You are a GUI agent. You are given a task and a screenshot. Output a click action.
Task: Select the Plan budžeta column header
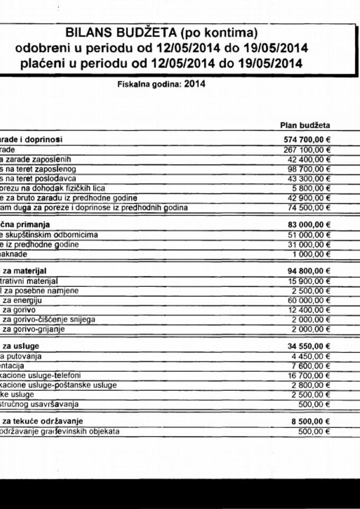[x=305, y=125]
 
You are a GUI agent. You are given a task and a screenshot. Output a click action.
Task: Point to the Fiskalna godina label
[x=150, y=84]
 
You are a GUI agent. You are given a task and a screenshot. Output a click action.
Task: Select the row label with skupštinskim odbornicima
[x=49, y=234]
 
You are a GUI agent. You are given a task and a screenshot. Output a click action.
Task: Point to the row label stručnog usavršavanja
[x=39, y=404]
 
